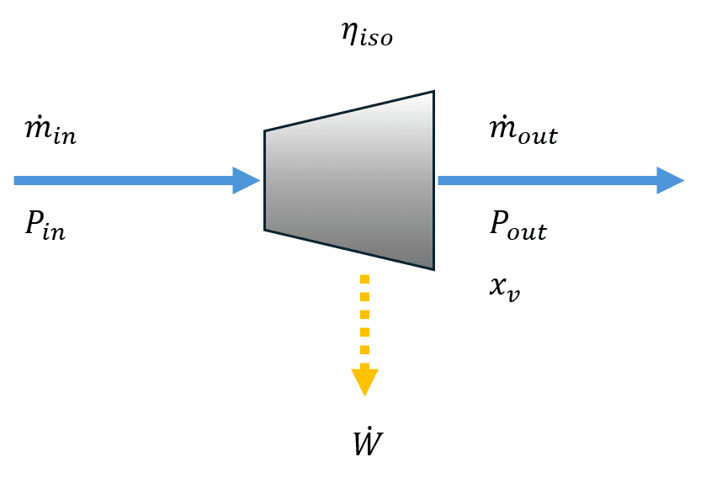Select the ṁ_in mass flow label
tap(51, 132)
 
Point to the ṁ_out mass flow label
tap(523, 132)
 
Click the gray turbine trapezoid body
tap(349, 180)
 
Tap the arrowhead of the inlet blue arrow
tap(247, 180)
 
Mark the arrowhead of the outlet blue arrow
tap(671, 180)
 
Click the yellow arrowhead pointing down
tap(364, 381)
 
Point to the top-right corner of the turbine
tap(433, 92)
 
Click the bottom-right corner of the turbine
tap(433, 268)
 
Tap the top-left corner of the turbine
tap(265, 131)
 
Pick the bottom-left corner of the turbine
tap(265, 229)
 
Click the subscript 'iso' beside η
tap(376, 40)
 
